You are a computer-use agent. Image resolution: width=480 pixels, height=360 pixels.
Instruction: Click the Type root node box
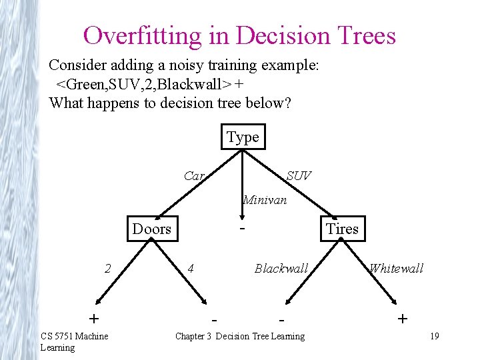(x=243, y=137)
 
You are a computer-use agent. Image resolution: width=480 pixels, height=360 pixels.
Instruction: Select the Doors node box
(x=152, y=229)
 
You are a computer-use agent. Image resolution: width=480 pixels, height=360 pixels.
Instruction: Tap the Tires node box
(x=342, y=229)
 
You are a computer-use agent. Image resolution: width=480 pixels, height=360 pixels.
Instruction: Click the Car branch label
(x=193, y=176)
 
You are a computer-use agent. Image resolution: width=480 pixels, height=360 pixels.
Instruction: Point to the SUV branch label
(x=298, y=176)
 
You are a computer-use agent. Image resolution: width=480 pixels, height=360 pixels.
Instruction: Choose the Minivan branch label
(x=265, y=199)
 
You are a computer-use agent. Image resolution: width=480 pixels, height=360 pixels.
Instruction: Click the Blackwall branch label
(x=281, y=269)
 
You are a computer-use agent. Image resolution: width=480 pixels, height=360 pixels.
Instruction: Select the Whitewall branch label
(x=396, y=269)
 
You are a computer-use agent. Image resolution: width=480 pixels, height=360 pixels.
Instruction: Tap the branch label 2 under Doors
(x=107, y=269)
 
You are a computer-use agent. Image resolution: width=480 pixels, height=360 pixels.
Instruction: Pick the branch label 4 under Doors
(x=191, y=269)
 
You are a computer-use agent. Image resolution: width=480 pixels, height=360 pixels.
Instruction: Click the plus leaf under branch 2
(x=94, y=317)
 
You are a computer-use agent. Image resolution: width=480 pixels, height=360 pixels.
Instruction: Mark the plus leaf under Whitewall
(x=402, y=318)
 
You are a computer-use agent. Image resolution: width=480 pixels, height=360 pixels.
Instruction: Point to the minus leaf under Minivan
(x=243, y=227)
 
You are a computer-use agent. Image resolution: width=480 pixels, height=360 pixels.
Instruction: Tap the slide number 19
(x=434, y=336)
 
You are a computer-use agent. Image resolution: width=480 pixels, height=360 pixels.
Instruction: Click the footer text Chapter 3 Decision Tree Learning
(x=239, y=336)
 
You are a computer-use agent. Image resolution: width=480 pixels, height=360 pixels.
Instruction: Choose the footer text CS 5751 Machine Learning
(x=73, y=341)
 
